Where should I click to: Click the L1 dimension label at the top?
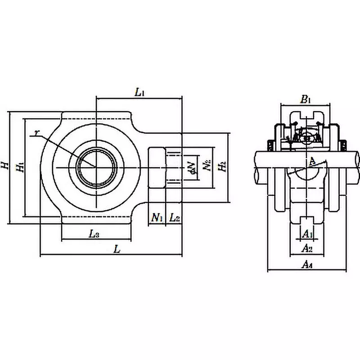(x=139, y=93)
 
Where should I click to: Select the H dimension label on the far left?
(x=5, y=166)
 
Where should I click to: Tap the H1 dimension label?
(x=19, y=167)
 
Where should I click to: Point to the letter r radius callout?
(x=36, y=132)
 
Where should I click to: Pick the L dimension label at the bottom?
(x=117, y=249)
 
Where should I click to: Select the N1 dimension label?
(x=157, y=218)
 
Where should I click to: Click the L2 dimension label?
(x=175, y=218)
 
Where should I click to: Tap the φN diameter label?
(x=192, y=166)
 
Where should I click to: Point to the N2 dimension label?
(x=207, y=166)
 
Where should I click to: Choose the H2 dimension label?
(x=221, y=166)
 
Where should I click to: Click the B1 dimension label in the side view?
(x=306, y=99)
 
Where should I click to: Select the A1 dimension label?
(x=307, y=234)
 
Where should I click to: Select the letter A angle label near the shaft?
(x=312, y=161)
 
